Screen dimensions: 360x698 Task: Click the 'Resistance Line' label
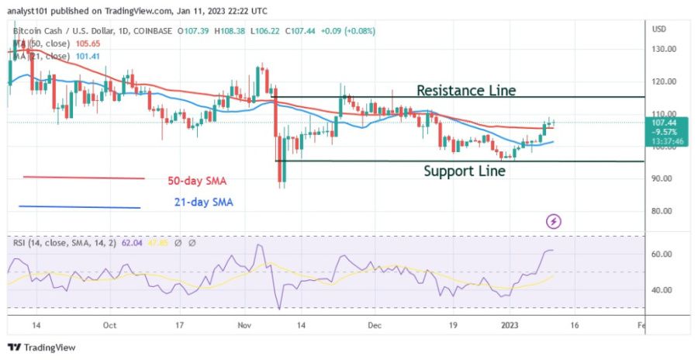tap(465, 90)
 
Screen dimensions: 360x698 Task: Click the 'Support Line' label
tap(464, 171)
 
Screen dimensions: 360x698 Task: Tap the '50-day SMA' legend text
tap(198, 181)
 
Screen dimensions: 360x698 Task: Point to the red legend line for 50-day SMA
tap(83, 178)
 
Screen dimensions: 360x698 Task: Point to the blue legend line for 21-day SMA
tap(79, 207)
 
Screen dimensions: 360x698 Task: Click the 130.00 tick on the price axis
tap(665, 49)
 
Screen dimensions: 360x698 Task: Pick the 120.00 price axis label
tap(665, 81)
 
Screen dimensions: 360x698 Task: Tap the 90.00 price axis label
tap(664, 178)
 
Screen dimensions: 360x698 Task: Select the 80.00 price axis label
tap(664, 211)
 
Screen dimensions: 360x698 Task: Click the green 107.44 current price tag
tap(665, 122)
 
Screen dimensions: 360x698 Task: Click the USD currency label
tap(660, 29)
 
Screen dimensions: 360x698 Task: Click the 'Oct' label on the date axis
tap(109, 325)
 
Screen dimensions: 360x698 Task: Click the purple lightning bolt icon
tap(555, 222)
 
